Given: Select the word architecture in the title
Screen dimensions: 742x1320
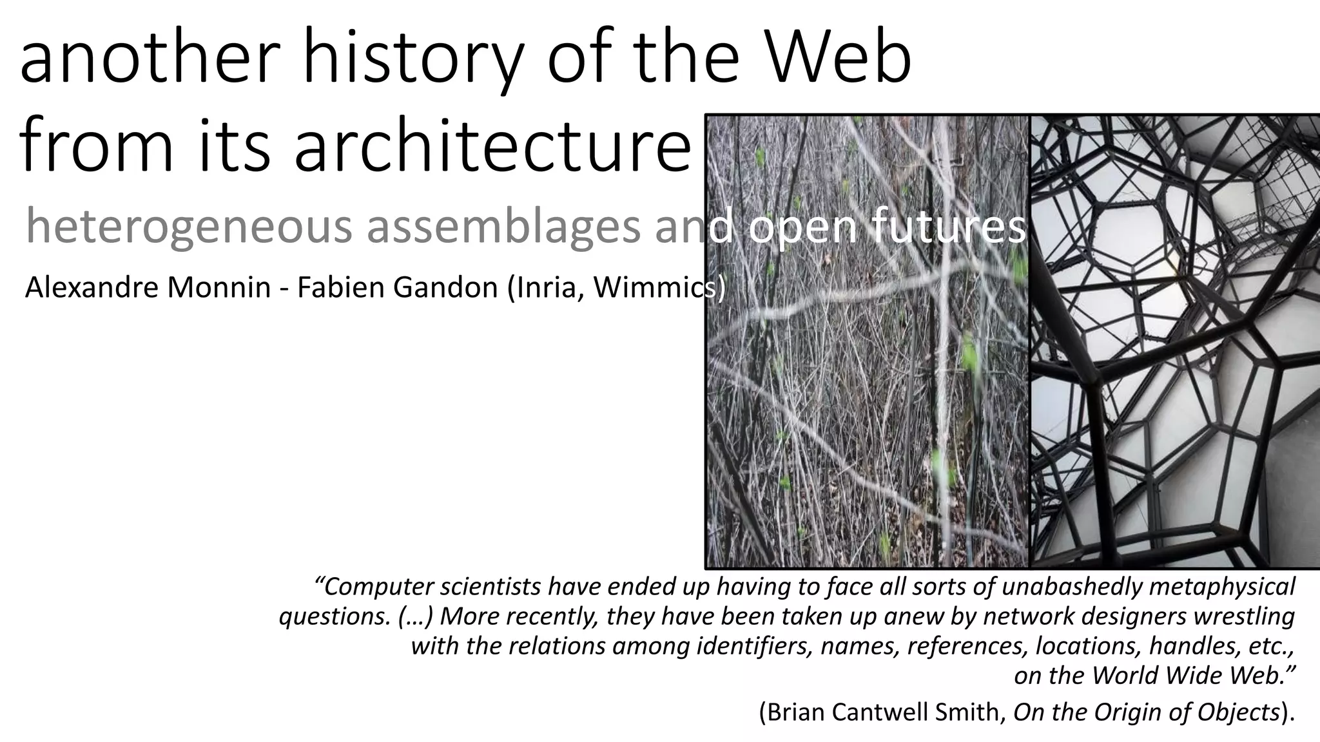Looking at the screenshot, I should [x=492, y=145].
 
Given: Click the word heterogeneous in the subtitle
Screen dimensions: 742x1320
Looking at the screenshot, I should [x=188, y=227].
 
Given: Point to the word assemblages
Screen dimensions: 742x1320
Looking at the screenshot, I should [x=504, y=227].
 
